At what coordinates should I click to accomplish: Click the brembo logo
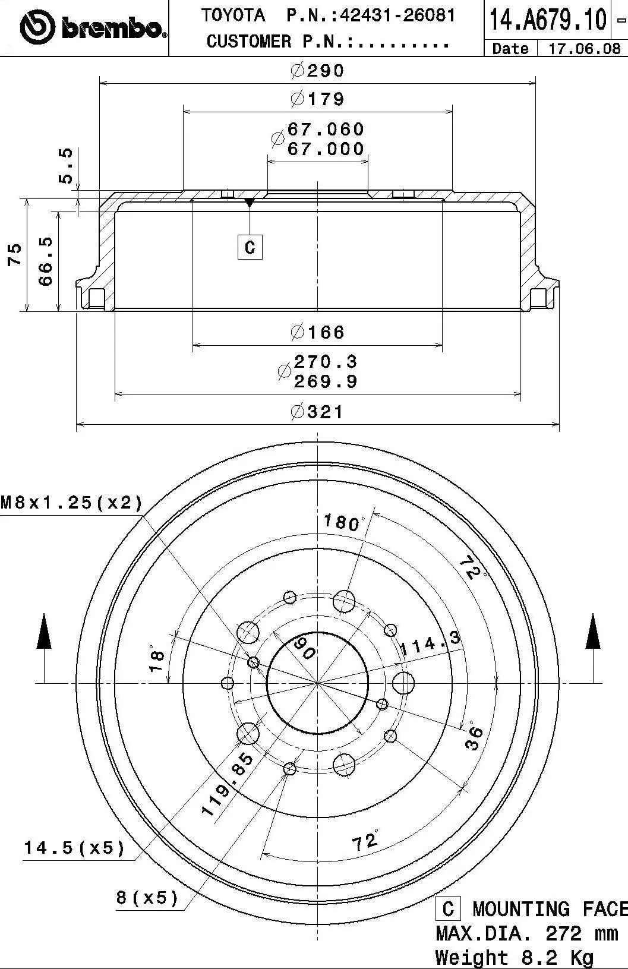[92, 27]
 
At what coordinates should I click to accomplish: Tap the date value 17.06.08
[583, 48]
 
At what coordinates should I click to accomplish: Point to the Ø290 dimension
[317, 71]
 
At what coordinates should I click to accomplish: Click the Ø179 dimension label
[317, 99]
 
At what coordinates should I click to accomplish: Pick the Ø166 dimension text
[317, 332]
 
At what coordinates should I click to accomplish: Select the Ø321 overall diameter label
[317, 411]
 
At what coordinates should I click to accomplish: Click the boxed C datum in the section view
[250, 246]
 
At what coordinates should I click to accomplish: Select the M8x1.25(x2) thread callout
[72, 503]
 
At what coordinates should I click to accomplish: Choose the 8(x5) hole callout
[147, 897]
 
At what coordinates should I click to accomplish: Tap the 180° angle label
[343, 523]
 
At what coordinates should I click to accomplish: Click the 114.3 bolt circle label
[430, 643]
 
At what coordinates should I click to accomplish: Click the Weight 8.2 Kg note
[514, 957]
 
